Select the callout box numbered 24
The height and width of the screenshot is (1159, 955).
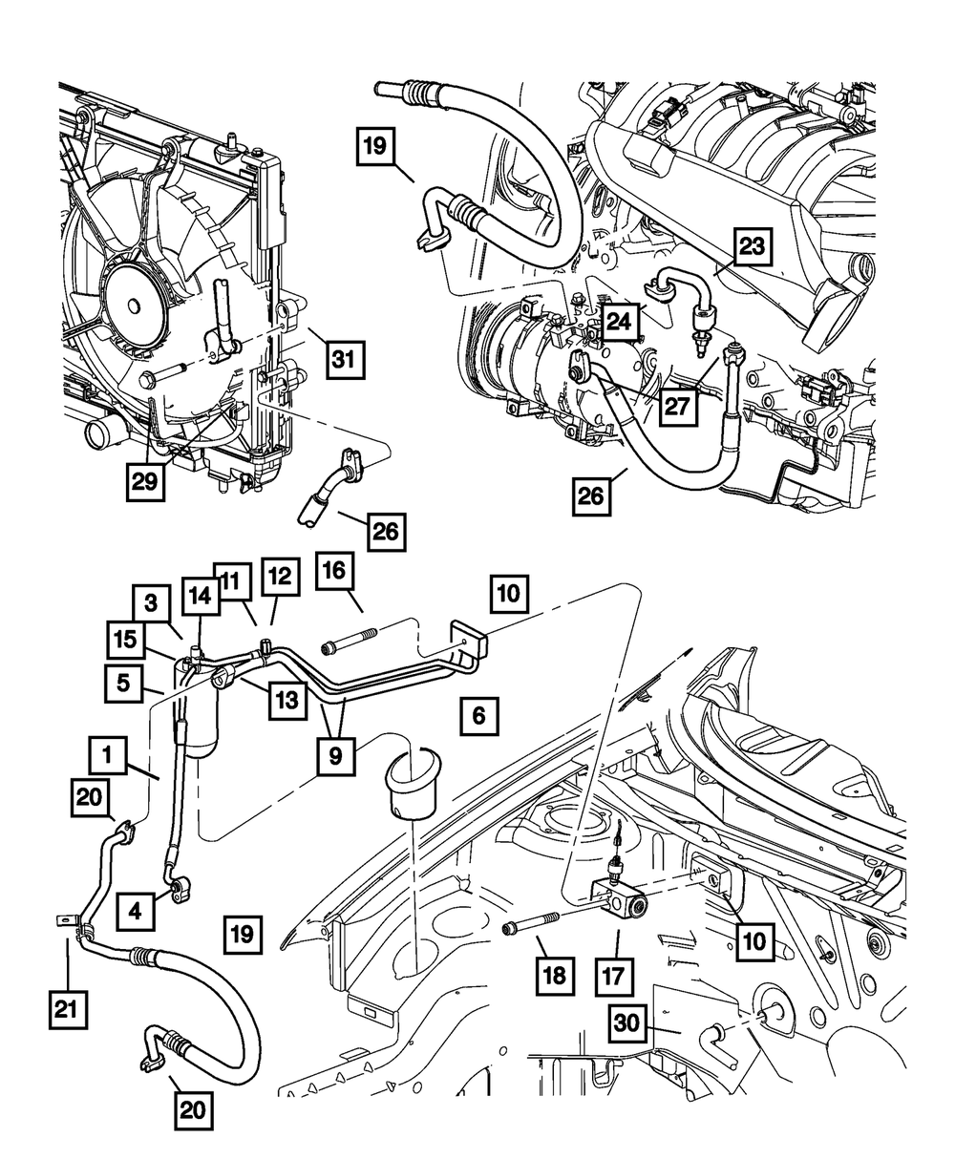tap(618, 324)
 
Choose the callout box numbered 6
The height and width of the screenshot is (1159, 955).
tap(478, 715)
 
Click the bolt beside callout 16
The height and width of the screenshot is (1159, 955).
tap(353, 643)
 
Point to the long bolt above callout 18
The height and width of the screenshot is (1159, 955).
tap(538, 924)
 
